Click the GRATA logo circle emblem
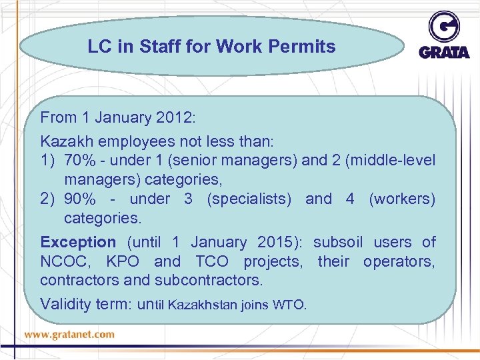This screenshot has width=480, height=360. (x=444, y=27)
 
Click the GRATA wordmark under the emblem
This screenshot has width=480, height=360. (x=444, y=52)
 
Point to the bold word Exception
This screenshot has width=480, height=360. (x=78, y=242)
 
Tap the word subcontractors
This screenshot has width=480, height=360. (x=208, y=280)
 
